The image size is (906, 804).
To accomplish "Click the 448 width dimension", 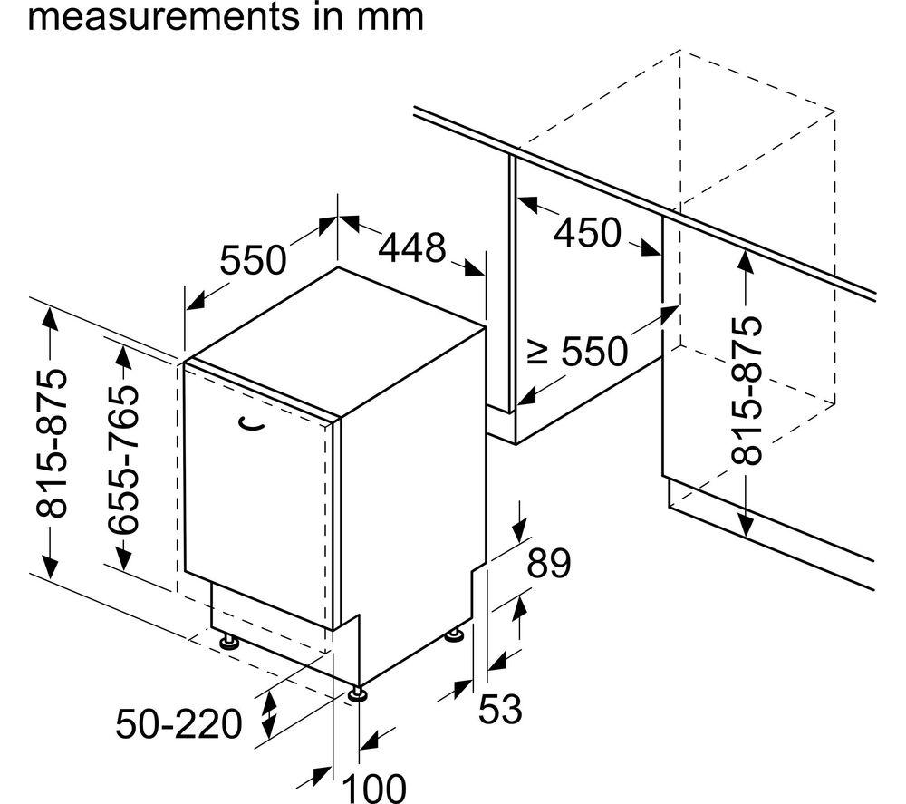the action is pyautogui.click(x=412, y=247).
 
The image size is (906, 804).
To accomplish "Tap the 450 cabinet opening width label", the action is pyautogui.click(x=588, y=232).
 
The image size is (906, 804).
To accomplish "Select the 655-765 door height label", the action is pyautogui.click(x=123, y=460).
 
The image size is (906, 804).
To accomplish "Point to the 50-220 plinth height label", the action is pyautogui.click(x=178, y=723).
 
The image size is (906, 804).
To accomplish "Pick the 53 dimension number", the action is pyautogui.click(x=500, y=709).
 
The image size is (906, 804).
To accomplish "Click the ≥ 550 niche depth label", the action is pyautogui.click(x=578, y=351).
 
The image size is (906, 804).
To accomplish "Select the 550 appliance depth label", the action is pyautogui.click(x=254, y=259).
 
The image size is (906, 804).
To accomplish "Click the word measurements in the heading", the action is pyautogui.click(x=164, y=17).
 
